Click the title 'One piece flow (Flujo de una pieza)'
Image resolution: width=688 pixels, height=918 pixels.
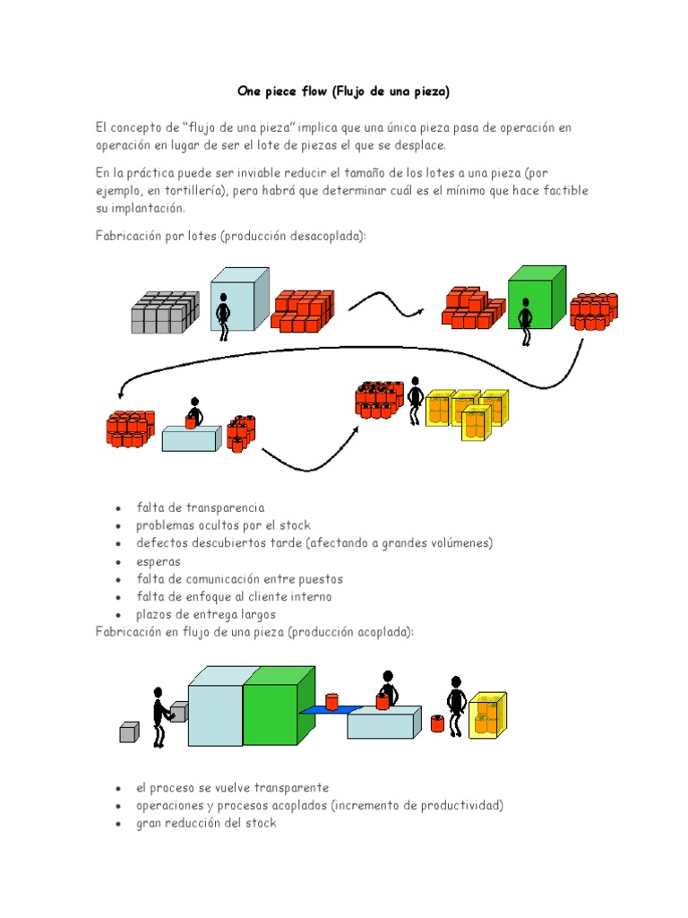pyautogui.click(x=343, y=91)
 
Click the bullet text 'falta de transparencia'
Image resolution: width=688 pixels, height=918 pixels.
pyautogui.click(x=200, y=507)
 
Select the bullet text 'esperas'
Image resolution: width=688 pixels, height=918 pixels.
pyautogui.click(x=158, y=561)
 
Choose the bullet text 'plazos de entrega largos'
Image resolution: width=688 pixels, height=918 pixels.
pyautogui.click(x=206, y=615)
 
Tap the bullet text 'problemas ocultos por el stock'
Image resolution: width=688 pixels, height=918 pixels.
pyautogui.click(x=223, y=525)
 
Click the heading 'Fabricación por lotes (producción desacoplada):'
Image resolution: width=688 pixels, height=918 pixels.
pyautogui.click(x=231, y=236)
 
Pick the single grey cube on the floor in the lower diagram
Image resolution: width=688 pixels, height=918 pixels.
pyautogui.click(x=130, y=732)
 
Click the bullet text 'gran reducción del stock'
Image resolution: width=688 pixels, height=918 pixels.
pyautogui.click(x=206, y=823)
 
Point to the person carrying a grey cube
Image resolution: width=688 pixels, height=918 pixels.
pyautogui.click(x=160, y=714)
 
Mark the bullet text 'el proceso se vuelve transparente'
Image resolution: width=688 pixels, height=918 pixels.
pyautogui.click(x=232, y=787)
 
